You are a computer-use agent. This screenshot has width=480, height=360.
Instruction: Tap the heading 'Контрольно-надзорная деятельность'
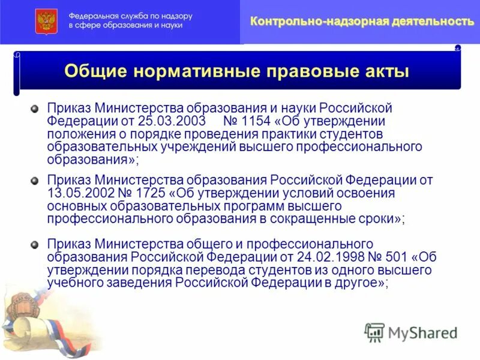(x=362, y=22)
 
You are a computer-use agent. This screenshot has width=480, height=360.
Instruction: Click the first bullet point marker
(x=35, y=109)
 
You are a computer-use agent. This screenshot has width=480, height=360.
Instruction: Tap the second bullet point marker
(x=35, y=181)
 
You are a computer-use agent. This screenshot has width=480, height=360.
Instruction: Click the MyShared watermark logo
(x=412, y=332)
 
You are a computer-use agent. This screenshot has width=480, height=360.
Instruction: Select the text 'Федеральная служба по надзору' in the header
(x=130, y=16)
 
